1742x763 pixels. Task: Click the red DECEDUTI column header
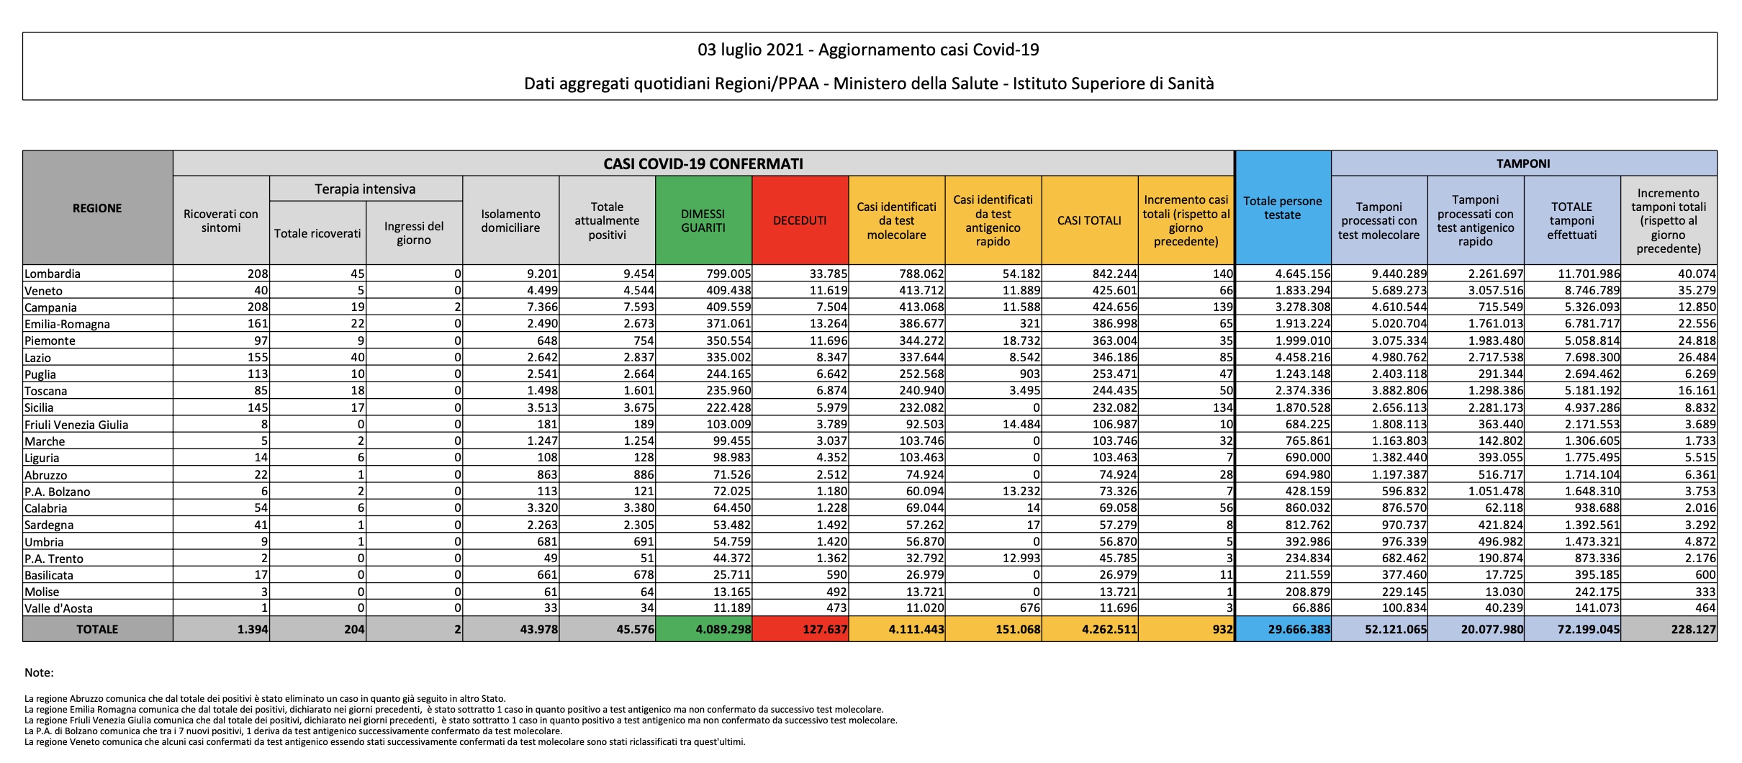pos(800,220)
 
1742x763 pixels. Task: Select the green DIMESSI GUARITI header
pos(703,220)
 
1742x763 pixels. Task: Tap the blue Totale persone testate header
pos(1283,207)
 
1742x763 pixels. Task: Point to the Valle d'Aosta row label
pos(58,608)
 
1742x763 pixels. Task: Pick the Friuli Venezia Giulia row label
pos(76,425)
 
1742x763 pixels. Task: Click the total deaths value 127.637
pos(824,629)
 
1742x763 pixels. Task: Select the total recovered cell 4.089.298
pos(723,629)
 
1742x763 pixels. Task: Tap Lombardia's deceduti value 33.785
pos(828,274)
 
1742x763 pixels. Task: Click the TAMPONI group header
pos(1523,163)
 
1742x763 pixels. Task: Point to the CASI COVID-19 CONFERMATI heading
pos(703,163)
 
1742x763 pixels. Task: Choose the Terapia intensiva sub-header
pos(365,189)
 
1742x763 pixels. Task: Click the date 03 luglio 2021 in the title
pos(752,50)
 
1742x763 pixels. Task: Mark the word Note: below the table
pos(39,672)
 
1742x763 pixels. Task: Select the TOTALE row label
pos(97,629)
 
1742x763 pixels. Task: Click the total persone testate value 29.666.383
pos(1299,629)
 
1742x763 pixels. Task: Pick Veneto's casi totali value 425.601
pos(1115,291)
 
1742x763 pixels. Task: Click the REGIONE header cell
pos(97,208)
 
